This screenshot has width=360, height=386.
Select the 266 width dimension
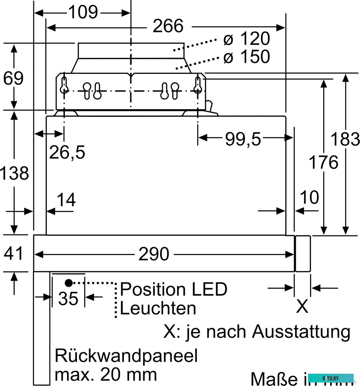click(x=168, y=26)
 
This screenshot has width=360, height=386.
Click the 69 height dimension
click(x=13, y=78)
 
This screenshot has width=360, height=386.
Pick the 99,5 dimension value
click(x=243, y=139)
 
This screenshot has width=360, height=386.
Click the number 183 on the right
click(x=346, y=139)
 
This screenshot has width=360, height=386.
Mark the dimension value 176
click(x=323, y=162)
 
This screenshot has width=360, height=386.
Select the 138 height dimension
click(x=14, y=173)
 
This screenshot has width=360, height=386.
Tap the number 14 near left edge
click(x=66, y=200)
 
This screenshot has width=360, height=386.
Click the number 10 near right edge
click(x=309, y=197)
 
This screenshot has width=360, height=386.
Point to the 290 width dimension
click(x=154, y=254)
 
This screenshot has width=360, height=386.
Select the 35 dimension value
click(x=68, y=299)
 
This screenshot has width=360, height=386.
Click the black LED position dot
click(x=68, y=282)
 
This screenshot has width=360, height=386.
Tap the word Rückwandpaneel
click(x=126, y=356)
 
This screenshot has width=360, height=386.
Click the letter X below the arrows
click(x=302, y=307)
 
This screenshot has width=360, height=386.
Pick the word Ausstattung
click(x=301, y=331)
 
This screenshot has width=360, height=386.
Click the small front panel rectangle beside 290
click(x=303, y=254)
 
